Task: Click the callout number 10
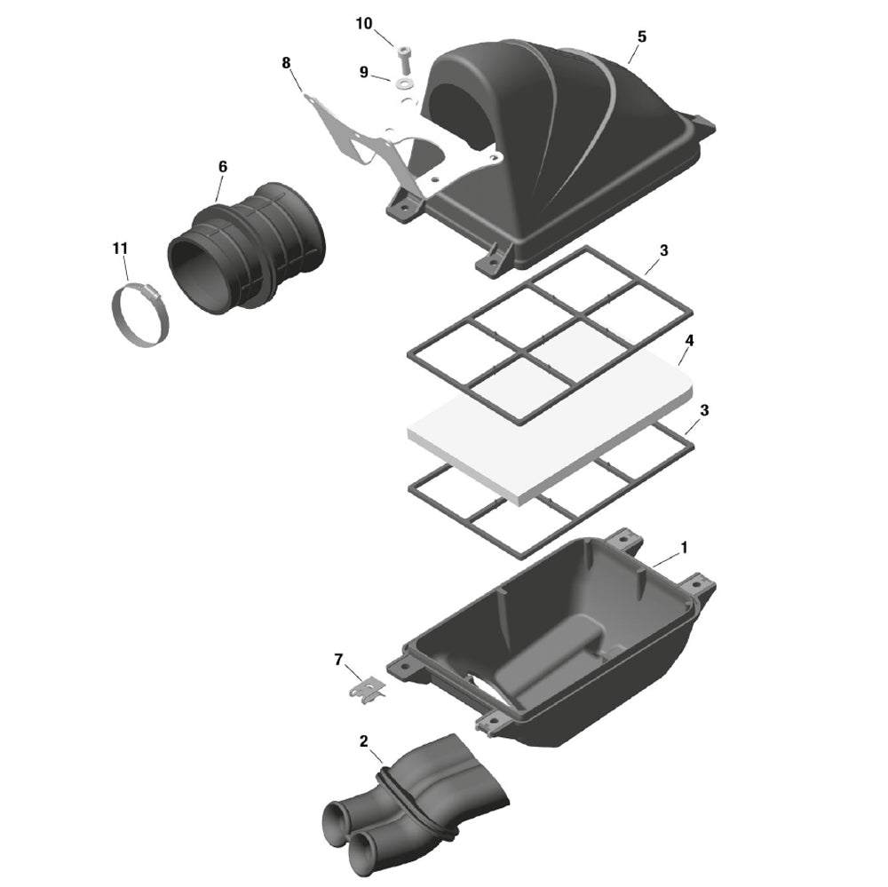(x=364, y=24)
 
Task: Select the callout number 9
(x=364, y=72)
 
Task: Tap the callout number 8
(x=286, y=62)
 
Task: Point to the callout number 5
(x=642, y=36)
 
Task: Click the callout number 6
(x=223, y=166)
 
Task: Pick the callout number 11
(x=120, y=248)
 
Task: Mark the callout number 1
(x=684, y=550)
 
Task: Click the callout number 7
(x=338, y=659)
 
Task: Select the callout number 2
(x=364, y=740)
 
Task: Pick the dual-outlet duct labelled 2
(x=417, y=808)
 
